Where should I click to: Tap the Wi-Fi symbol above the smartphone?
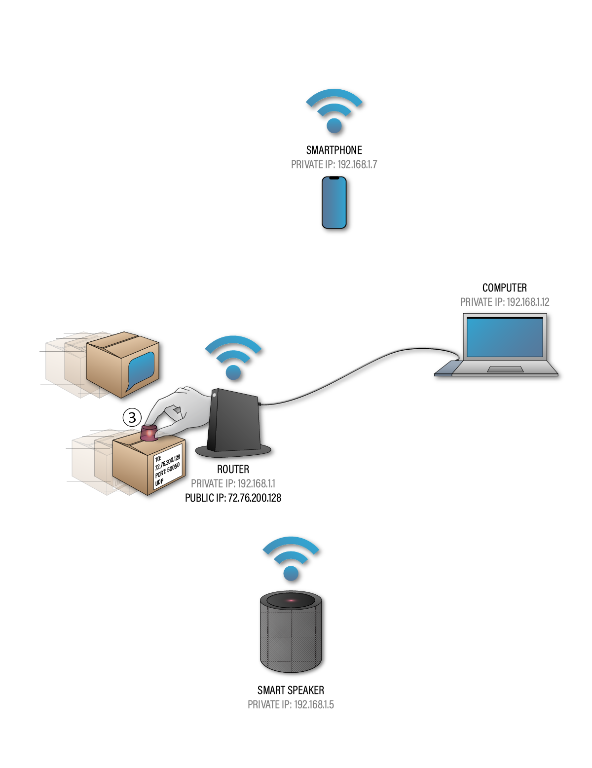[x=335, y=113]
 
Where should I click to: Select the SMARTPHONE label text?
[x=334, y=150]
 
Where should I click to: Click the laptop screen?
[x=505, y=337]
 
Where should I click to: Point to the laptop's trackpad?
[x=505, y=369]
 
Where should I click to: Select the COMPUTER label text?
[x=504, y=288]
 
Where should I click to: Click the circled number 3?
[x=132, y=417]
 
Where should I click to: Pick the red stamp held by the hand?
[x=148, y=433]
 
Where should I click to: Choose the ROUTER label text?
[x=233, y=469]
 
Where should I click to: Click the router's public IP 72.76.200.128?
[x=254, y=498]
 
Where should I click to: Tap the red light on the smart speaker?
[x=291, y=600]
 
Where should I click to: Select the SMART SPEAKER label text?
[x=291, y=690]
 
